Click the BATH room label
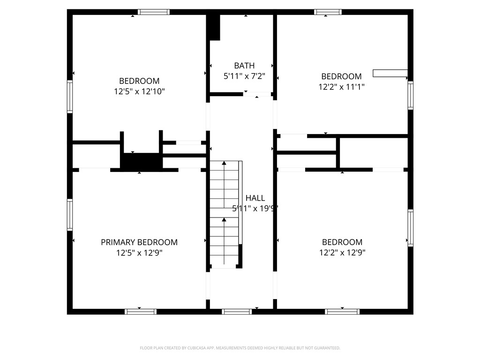pos(245,66)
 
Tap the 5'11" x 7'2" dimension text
pos(245,75)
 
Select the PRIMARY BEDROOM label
pos(139,242)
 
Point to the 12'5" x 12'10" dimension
pos(139,91)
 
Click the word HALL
pos(255,198)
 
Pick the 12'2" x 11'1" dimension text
pos(341,87)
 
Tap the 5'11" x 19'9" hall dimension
pos(255,209)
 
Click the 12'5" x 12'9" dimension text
pos(139,253)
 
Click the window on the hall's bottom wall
pos(237,311)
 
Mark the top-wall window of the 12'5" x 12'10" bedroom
pos(154,12)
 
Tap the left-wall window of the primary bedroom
pos(70,215)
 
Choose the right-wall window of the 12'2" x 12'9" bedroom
pos(411,228)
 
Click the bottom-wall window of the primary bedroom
pos(141,311)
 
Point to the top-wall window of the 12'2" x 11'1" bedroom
pos(328,12)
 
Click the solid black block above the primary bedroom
pos(142,161)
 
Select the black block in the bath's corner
pos(214,27)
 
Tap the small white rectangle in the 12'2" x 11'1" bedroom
pos(390,73)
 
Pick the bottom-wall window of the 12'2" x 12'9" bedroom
pos(342,311)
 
